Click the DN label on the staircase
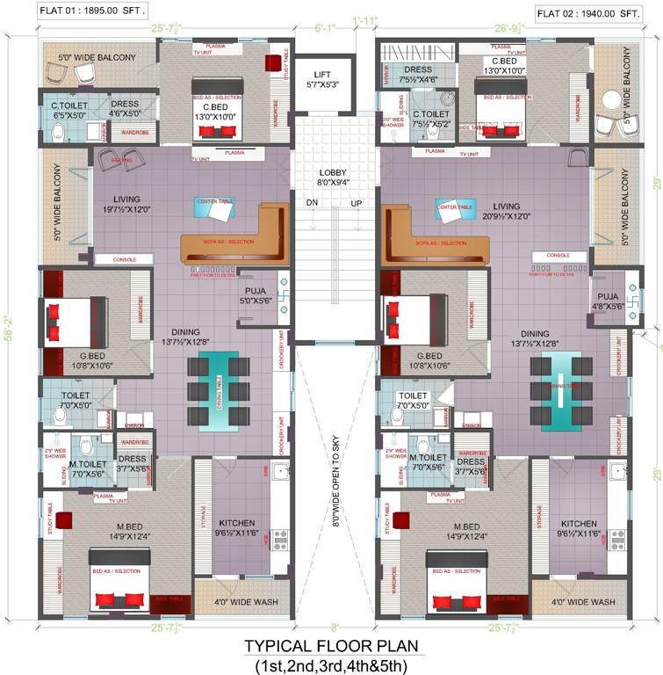click(x=312, y=203)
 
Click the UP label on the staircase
click(x=356, y=203)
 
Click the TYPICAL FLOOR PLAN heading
click(x=332, y=647)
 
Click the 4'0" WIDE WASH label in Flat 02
click(x=583, y=603)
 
